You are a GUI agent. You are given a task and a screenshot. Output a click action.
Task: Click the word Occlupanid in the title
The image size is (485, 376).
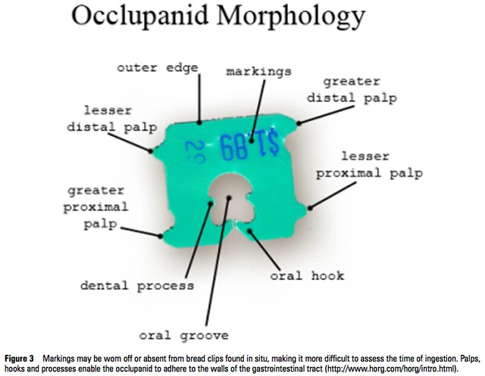(x=139, y=16)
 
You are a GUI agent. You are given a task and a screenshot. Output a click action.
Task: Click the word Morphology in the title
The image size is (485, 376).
(x=291, y=17)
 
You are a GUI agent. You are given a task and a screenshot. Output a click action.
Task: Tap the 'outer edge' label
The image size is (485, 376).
(x=158, y=68)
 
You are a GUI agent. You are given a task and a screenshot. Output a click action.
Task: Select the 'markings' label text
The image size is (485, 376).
(x=259, y=72)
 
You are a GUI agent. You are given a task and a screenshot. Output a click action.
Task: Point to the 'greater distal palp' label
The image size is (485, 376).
(x=352, y=90)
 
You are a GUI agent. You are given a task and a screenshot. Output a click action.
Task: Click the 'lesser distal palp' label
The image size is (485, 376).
(x=112, y=120)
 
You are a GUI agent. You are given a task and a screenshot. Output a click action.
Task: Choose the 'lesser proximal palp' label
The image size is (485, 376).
(x=369, y=165)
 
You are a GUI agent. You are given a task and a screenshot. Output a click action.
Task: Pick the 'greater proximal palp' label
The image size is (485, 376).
(x=95, y=207)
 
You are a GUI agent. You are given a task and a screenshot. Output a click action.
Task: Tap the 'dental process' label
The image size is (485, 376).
(x=137, y=285)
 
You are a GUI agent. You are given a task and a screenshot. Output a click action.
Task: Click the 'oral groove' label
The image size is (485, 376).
(x=183, y=336)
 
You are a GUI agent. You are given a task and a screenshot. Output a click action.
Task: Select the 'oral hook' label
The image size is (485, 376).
(x=307, y=275)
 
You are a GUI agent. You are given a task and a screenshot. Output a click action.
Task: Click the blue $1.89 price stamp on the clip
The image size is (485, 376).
(x=249, y=144)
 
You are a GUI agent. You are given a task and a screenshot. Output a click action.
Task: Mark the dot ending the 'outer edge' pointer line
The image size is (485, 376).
(x=199, y=123)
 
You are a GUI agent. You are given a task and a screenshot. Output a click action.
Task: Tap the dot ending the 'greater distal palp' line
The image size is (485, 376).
(x=299, y=123)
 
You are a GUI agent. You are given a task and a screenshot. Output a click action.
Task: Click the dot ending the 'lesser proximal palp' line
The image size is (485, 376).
(x=310, y=208)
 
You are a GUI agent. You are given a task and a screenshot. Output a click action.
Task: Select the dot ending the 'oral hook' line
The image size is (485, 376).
(x=249, y=231)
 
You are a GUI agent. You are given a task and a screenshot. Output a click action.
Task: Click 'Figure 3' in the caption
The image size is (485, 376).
(x=19, y=359)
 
